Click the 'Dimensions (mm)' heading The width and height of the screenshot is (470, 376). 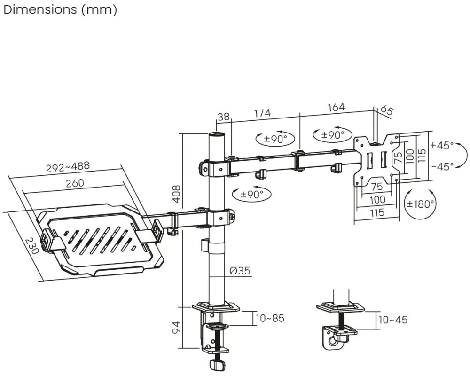pyautogui.click(x=60, y=9)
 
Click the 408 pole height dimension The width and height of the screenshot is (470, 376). pyautogui.click(x=177, y=194)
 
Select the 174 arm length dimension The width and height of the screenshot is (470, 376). pyautogui.click(x=262, y=113)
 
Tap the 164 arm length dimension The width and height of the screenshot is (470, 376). pyautogui.click(x=337, y=107)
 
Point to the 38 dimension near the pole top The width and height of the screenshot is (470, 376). pyautogui.click(x=224, y=117)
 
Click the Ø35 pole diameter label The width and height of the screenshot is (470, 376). pyautogui.click(x=240, y=270)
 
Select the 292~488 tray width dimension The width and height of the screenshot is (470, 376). pyautogui.click(x=68, y=167)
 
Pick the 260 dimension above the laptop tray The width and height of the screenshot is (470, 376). pyautogui.click(x=75, y=183)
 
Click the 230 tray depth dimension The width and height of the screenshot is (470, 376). pyautogui.click(x=31, y=246)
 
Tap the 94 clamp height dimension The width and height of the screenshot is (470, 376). pyautogui.click(x=177, y=327)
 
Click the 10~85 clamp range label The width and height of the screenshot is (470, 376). pyautogui.click(x=270, y=318)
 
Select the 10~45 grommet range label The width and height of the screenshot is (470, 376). pyautogui.click(x=393, y=320)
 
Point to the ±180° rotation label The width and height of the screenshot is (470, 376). pyautogui.click(x=420, y=204)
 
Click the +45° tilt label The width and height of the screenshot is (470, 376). pyautogui.click(x=441, y=146)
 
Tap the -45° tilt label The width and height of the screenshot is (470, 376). pyautogui.click(x=442, y=166)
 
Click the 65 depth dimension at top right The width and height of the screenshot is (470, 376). pyautogui.click(x=387, y=110)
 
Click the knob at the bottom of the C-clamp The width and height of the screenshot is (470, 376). pyautogui.click(x=217, y=365)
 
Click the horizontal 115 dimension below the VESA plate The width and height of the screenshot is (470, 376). pyautogui.click(x=377, y=212)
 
